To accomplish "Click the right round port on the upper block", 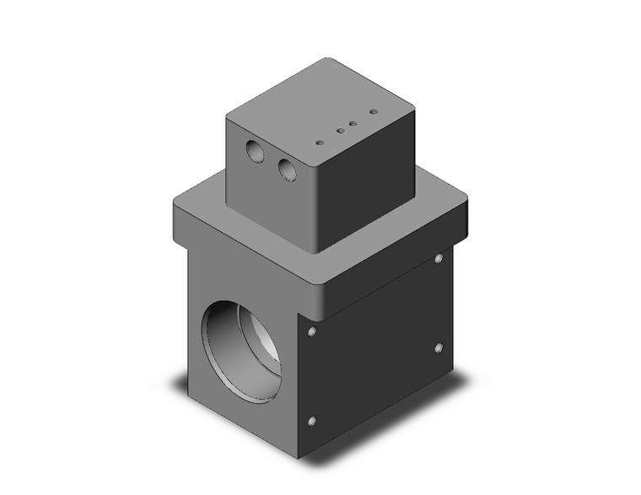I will [288, 169].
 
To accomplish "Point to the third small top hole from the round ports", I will [353, 123].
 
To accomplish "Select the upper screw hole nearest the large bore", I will [312, 332].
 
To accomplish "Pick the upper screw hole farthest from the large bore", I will [439, 259].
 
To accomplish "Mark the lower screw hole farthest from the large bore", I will [438, 346].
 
